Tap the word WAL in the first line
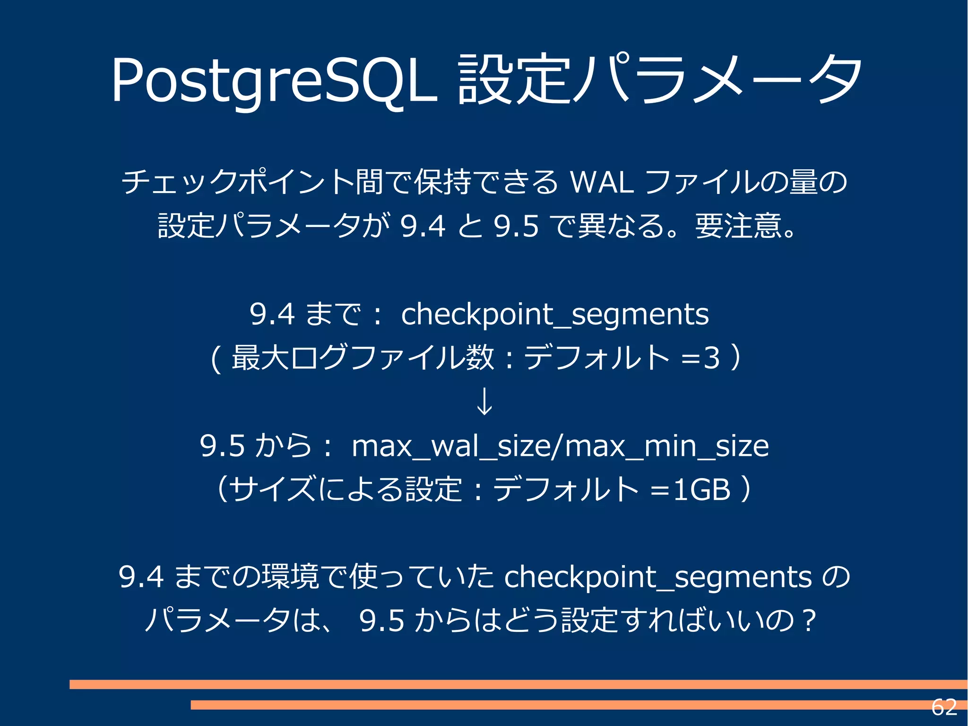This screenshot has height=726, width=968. [x=602, y=183]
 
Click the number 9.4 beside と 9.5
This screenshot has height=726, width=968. [x=422, y=226]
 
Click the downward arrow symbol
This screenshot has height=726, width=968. [x=484, y=402]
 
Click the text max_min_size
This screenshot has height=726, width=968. [x=667, y=446]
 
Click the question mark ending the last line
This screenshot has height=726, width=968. [x=810, y=621]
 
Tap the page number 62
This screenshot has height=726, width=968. [x=944, y=708]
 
